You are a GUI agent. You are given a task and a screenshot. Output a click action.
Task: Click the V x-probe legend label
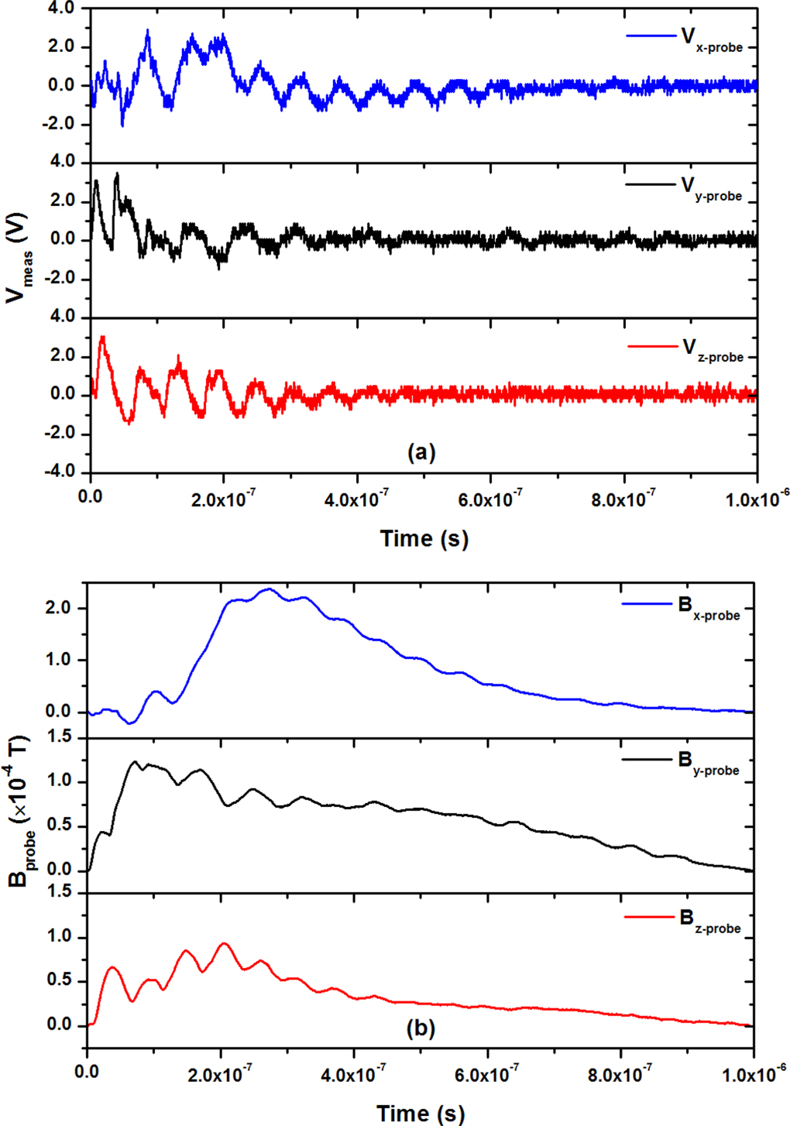712,40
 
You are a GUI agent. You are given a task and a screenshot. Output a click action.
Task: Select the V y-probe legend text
712,189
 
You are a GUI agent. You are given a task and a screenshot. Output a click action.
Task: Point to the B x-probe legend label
709,608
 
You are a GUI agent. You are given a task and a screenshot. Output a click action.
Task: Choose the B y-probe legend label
709,763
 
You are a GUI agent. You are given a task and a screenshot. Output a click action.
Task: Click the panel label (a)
421,451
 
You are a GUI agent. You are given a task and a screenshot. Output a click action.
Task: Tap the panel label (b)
421,1028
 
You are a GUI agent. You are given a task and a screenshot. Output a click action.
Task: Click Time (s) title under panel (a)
424,538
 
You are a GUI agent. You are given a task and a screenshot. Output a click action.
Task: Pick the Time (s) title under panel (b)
421,1113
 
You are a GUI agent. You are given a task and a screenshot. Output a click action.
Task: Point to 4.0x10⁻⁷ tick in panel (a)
357,499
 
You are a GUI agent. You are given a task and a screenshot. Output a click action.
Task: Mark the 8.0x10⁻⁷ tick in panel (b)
620,1073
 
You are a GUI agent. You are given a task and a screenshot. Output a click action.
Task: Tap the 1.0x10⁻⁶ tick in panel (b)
754,1073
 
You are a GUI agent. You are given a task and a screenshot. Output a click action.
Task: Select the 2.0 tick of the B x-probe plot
59,609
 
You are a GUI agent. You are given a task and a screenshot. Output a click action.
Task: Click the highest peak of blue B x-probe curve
269,589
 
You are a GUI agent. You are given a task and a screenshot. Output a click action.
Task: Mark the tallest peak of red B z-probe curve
224,942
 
